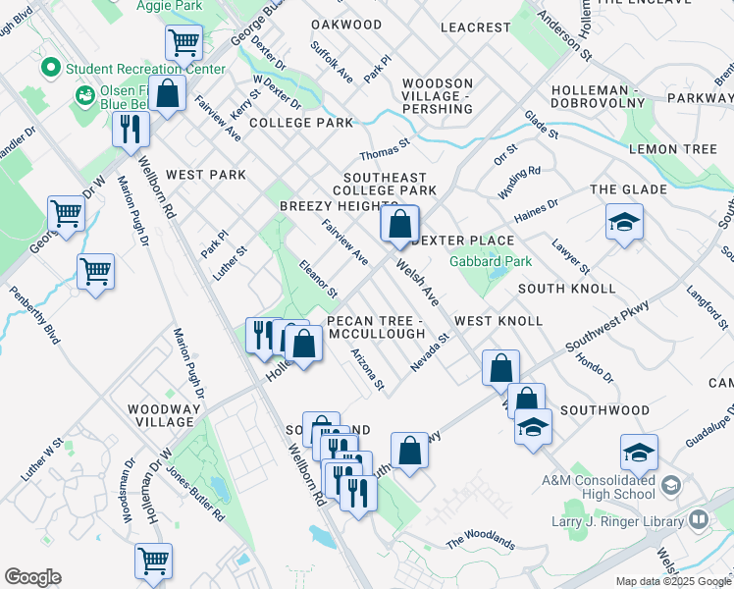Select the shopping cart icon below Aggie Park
point(183,43)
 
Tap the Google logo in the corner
point(32,577)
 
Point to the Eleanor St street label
point(318,279)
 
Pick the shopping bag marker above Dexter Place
point(399,226)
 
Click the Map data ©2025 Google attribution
point(673,581)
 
